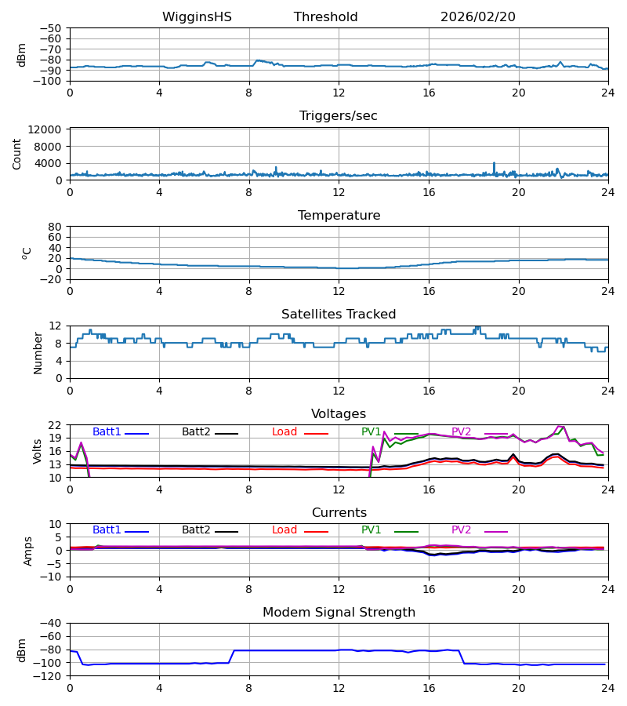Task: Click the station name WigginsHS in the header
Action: (x=197, y=17)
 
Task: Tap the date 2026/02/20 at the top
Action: (x=478, y=17)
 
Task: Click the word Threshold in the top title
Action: (x=326, y=17)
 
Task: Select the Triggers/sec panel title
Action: (x=339, y=116)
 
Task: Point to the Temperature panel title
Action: (x=339, y=216)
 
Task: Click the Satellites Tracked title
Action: (x=339, y=315)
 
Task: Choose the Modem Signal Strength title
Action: (x=339, y=613)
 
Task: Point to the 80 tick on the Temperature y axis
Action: (x=56, y=227)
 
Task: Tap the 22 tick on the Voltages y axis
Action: (x=56, y=425)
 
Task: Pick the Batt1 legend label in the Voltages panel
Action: (x=107, y=432)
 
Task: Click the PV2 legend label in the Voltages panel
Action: (x=462, y=432)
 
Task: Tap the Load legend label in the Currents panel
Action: (x=285, y=530)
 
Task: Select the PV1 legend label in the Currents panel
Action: (x=371, y=530)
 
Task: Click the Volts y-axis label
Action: (x=37, y=451)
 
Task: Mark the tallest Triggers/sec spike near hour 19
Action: (x=494, y=163)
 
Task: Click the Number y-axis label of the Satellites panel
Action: (x=38, y=352)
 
